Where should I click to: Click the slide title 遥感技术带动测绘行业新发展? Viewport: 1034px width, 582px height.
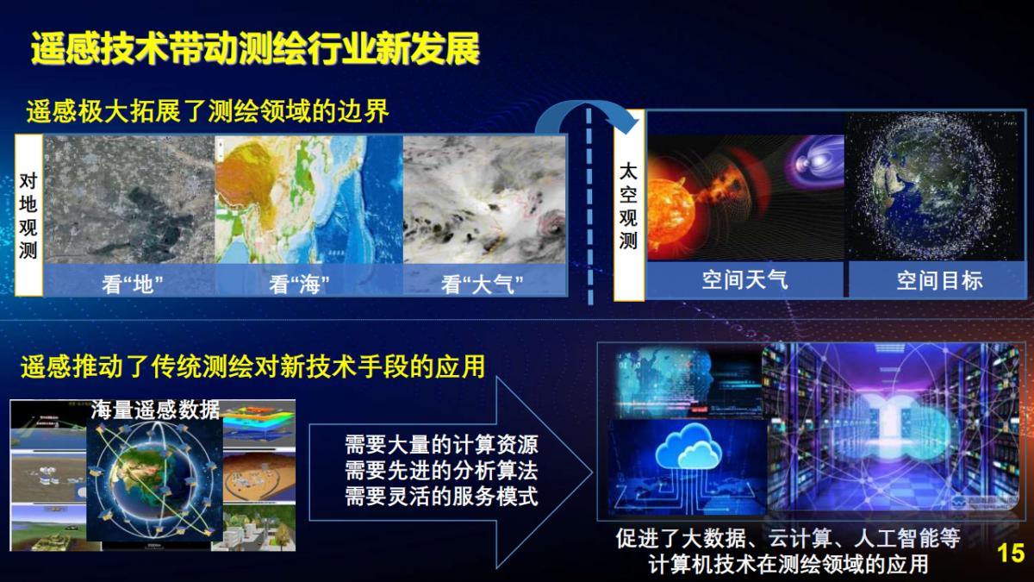point(255,49)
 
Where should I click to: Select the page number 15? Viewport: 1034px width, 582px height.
point(1010,554)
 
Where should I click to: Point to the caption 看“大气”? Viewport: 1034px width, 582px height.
point(483,283)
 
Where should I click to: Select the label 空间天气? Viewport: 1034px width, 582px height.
point(744,279)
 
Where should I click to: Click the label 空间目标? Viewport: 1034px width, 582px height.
point(939,279)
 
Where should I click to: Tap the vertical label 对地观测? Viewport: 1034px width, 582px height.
point(28,216)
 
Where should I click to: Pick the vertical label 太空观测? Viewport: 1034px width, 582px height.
point(629,205)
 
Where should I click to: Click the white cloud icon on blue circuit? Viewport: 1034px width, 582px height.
point(687,449)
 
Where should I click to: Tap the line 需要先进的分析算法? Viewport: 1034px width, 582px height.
point(441,471)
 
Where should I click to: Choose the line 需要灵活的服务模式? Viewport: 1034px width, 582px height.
point(441,497)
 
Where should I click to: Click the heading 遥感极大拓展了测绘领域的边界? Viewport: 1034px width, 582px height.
point(208,111)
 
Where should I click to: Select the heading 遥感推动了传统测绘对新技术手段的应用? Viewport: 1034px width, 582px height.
point(252,367)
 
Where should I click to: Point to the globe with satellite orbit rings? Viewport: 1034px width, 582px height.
point(155,483)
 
